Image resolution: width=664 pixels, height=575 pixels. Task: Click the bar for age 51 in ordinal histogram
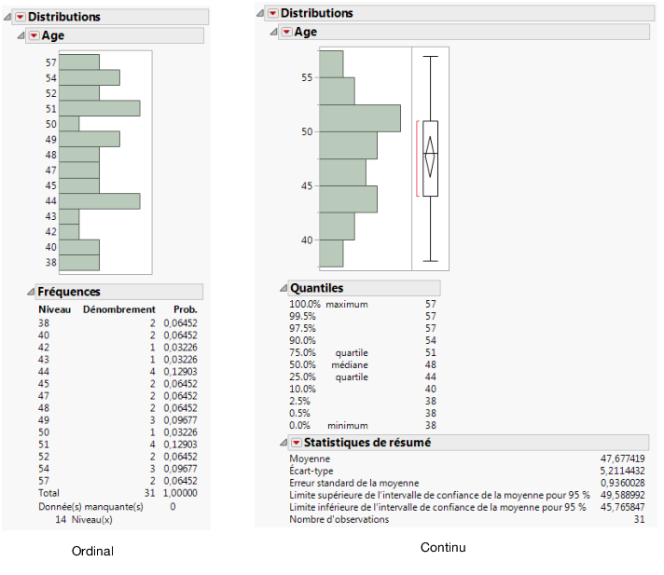coord(99,108)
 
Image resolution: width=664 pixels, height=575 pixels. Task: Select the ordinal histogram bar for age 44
coord(99,200)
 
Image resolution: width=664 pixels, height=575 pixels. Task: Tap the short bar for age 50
coord(69,123)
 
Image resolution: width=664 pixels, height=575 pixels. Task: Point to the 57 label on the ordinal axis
coord(51,62)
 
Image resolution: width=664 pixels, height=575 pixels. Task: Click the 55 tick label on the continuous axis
coord(307,77)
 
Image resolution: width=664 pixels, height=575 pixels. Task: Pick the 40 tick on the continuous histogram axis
coord(307,240)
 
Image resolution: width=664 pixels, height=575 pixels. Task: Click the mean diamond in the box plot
coord(430,157)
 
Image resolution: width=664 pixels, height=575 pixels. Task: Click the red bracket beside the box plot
coord(418,158)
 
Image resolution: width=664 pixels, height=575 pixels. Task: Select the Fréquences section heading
coord(69,292)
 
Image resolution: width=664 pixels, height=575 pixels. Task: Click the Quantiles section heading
coord(317,288)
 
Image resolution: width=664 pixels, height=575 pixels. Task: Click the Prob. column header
coord(186,308)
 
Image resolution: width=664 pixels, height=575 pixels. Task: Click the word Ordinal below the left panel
coord(92,552)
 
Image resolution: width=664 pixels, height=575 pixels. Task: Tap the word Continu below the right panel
coord(443,547)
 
